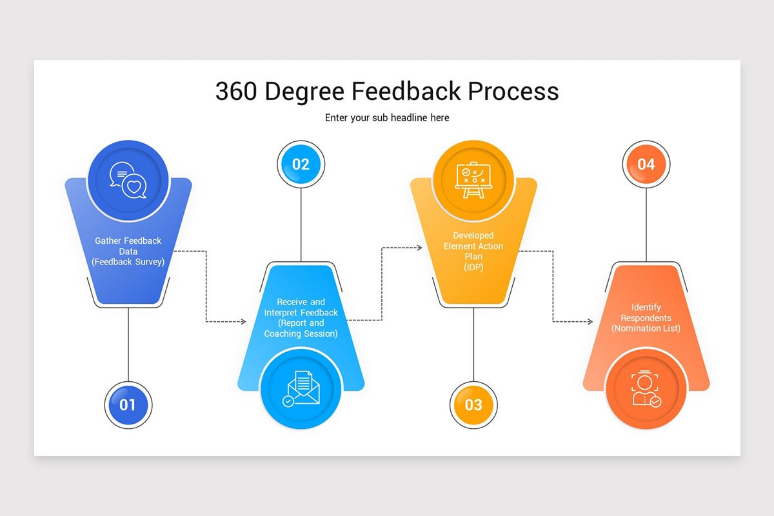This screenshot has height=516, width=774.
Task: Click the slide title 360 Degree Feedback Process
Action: [387, 92]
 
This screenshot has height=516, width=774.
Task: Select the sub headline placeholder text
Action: [387, 118]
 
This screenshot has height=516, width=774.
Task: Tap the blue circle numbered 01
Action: [128, 404]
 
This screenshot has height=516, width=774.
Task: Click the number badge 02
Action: [301, 164]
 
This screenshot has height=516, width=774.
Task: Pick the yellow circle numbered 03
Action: [473, 404]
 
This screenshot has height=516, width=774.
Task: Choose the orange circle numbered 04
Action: [646, 164]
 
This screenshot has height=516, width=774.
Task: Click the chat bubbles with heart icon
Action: [128, 180]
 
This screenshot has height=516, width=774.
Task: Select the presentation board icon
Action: [473, 180]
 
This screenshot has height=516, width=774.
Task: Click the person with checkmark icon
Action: [646, 389]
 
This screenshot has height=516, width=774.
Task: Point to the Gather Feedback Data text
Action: [128, 251]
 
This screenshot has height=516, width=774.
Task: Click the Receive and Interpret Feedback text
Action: [301, 317]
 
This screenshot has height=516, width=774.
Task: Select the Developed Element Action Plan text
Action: [473, 252]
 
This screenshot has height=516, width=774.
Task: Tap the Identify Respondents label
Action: [646, 318]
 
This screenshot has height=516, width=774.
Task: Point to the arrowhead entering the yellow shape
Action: [419, 247]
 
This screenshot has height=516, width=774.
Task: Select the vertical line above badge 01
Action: [128, 342]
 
